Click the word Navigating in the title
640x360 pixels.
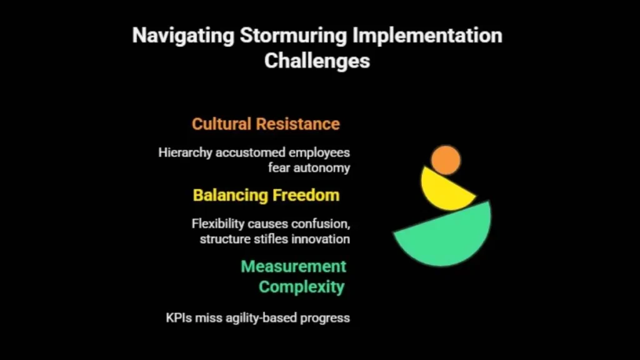click(182, 36)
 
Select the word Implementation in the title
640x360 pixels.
click(427, 36)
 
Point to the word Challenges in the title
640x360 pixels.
click(317, 61)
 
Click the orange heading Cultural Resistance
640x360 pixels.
click(266, 124)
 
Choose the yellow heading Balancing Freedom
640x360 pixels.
click(266, 195)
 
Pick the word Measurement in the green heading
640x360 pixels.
click(293, 266)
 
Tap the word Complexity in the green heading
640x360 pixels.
click(302, 287)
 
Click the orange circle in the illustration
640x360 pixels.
click(446, 160)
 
